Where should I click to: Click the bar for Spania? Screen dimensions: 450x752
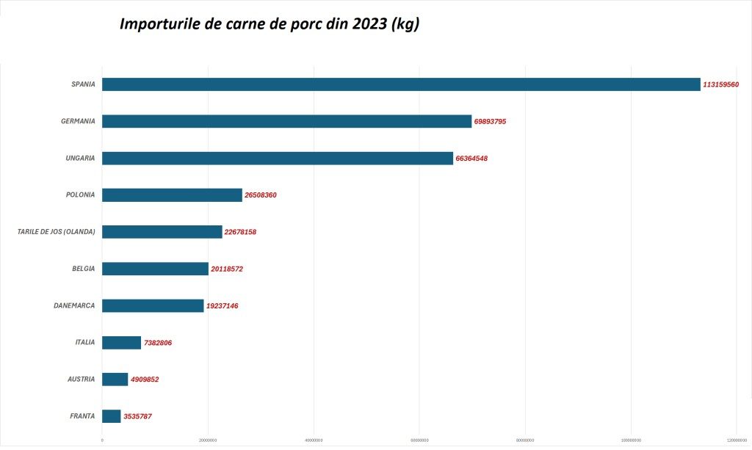(x=401, y=84)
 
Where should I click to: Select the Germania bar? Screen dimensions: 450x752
(x=286, y=121)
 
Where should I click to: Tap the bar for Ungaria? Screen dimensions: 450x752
(x=278, y=158)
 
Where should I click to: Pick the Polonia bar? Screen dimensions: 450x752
(x=172, y=195)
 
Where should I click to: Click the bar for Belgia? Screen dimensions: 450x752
(x=155, y=269)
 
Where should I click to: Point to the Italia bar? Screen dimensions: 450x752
(x=121, y=342)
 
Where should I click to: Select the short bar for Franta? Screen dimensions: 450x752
(x=111, y=416)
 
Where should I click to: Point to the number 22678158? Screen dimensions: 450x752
(x=240, y=232)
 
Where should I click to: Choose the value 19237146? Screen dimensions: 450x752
(x=222, y=306)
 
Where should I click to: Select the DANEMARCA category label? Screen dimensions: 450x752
(x=74, y=305)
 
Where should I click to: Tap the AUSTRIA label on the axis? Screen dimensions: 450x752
(x=81, y=379)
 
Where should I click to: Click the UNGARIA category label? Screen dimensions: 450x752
(x=80, y=158)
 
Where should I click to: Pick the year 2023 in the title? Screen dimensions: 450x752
(x=369, y=24)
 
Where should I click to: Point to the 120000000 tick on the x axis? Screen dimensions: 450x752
(x=737, y=440)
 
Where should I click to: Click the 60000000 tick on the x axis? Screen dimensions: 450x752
(x=419, y=440)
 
